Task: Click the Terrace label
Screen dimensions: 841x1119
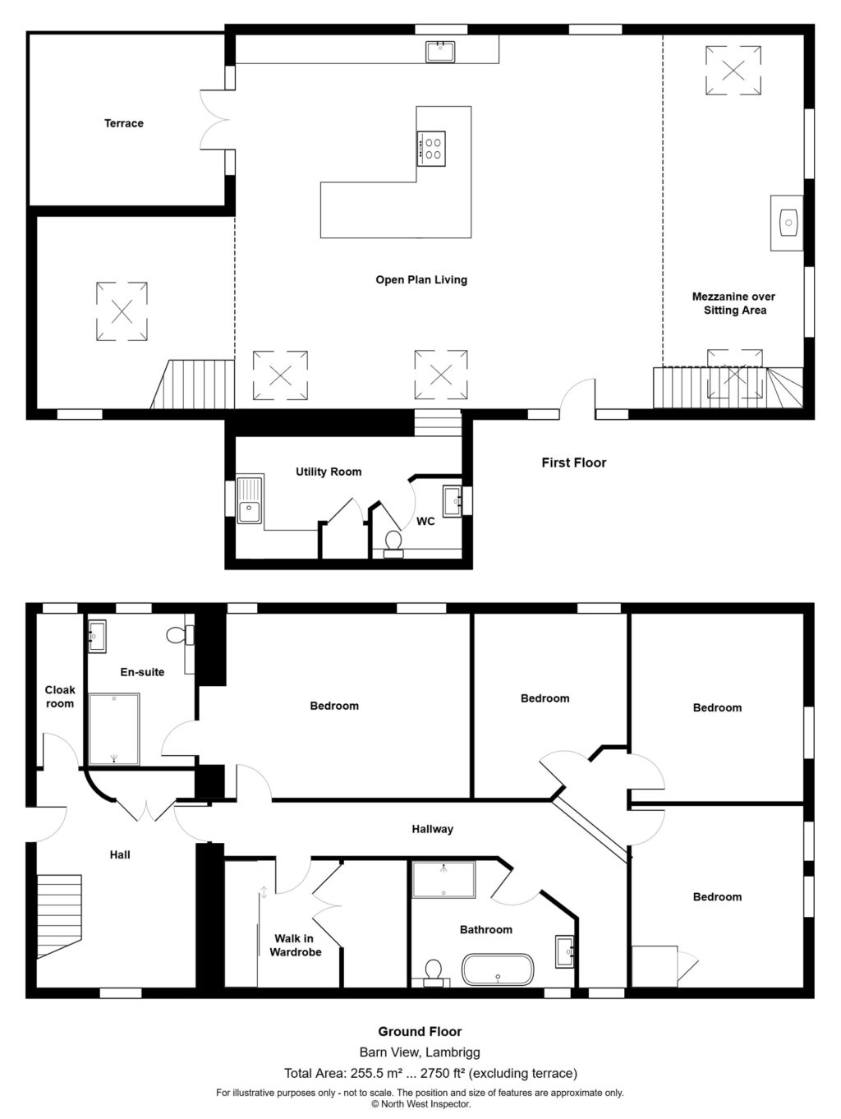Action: tap(124, 123)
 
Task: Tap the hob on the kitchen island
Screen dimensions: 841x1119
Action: tap(431, 149)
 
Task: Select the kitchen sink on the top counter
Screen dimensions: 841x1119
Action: tap(440, 52)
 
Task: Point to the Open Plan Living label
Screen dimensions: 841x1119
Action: tap(421, 280)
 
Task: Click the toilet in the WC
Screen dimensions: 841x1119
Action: tap(393, 544)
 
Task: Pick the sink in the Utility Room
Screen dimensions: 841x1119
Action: tap(250, 500)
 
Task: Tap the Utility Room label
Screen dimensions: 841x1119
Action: tap(329, 472)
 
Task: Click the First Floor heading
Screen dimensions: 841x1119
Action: tap(573, 463)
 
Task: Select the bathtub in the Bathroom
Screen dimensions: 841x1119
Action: tap(498, 969)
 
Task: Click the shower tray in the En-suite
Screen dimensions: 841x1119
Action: tap(114, 729)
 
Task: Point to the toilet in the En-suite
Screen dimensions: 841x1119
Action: tap(180, 635)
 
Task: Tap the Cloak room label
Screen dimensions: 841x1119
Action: tap(60, 697)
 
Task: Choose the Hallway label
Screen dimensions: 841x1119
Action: tap(433, 830)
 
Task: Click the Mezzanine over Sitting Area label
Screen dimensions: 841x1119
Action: tap(734, 303)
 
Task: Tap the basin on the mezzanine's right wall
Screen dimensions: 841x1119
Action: tap(787, 223)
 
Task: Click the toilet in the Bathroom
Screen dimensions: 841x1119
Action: tap(433, 972)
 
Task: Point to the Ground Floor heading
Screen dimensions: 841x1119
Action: tap(420, 1031)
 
